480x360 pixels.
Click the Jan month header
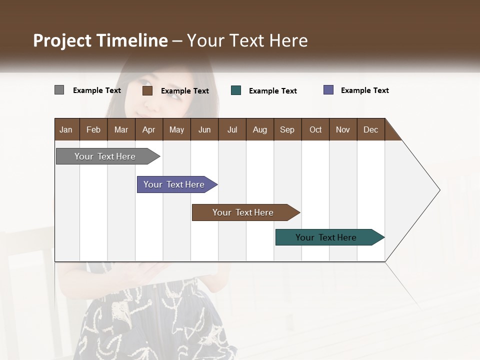click(x=66, y=129)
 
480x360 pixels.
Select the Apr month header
click(x=149, y=129)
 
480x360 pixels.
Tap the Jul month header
click(x=232, y=129)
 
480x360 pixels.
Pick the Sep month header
click(x=287, y=129)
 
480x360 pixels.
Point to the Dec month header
click(x=370, y=129)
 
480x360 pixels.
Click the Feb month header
click(x=93, y=129)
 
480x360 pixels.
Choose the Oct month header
click(x=315, y=129)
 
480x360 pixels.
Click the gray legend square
click(x=59, y=90)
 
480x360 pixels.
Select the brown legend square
click(x=147, y=90)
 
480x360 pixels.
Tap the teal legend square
click(x=236, y=90)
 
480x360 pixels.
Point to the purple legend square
click(x=328, y=90)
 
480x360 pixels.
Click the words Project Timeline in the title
click(x=100, y=40)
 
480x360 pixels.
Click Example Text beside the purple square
click(x=364, y=90)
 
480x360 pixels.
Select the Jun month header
click(x=204, y=129)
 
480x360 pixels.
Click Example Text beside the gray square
click(x=97, y=90)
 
